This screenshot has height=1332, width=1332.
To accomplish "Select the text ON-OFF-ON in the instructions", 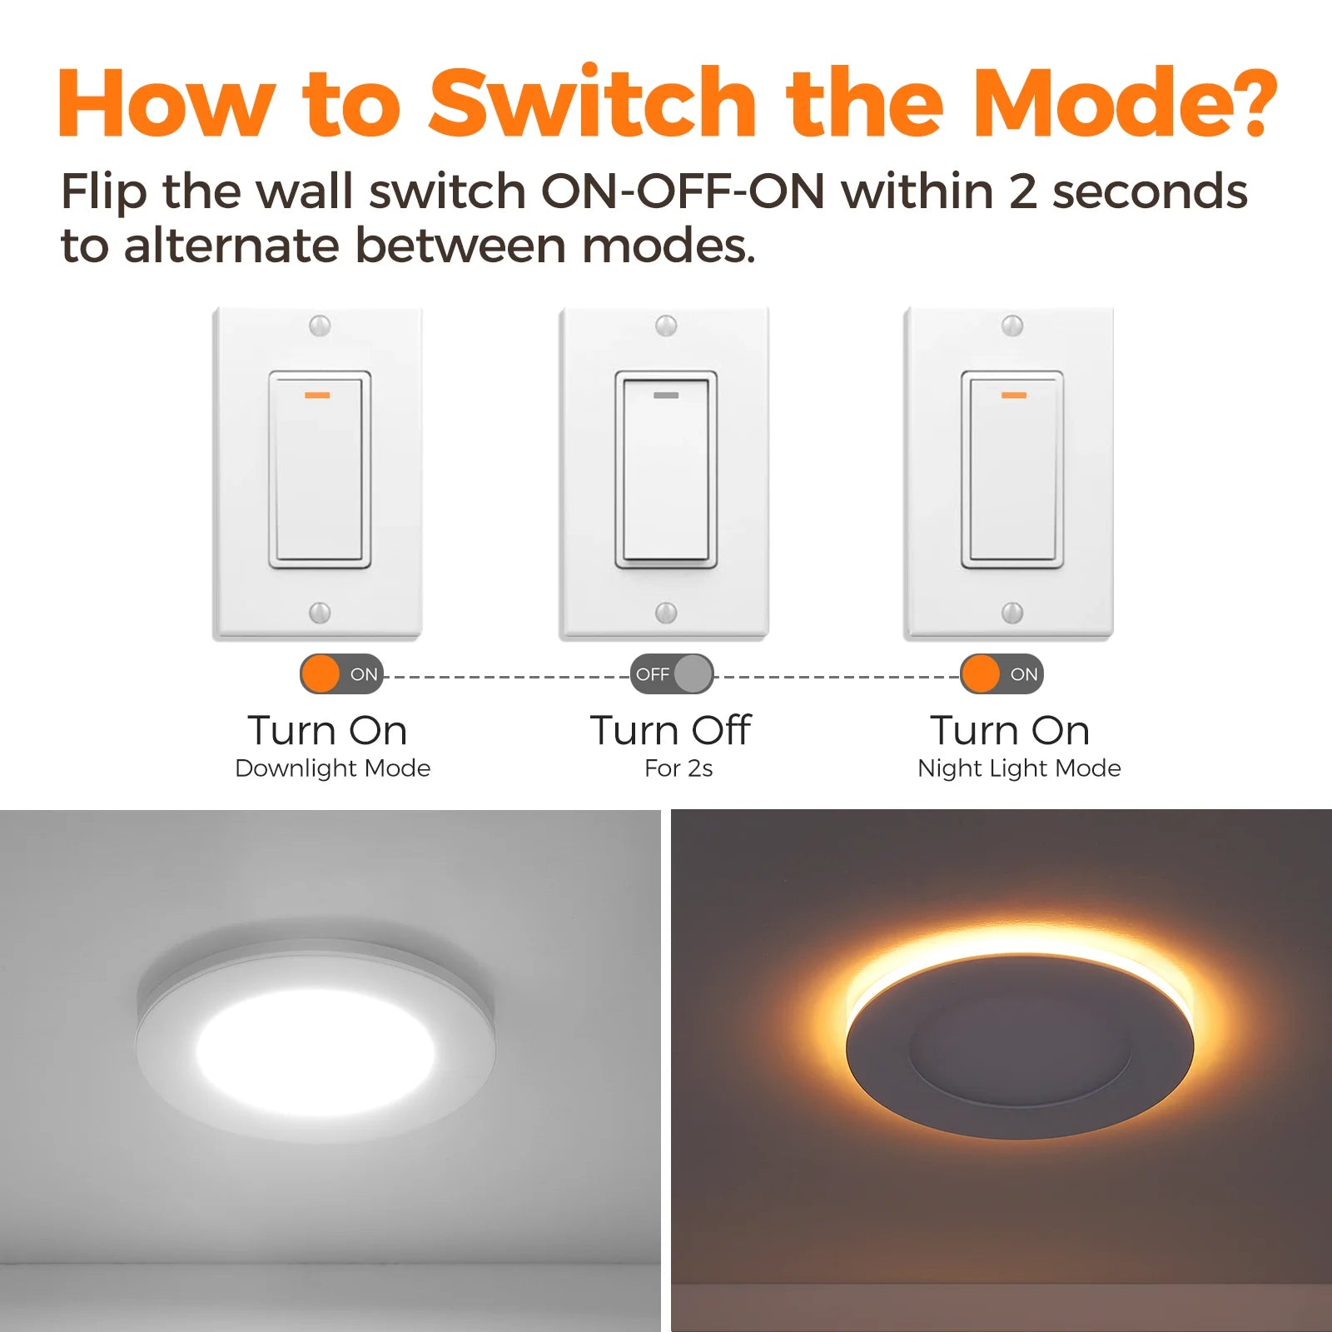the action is [x=683, y=191].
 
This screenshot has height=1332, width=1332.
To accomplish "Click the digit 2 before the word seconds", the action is [x=1023, y=191].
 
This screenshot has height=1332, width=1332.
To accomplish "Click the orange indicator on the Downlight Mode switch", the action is [x=317, y=395].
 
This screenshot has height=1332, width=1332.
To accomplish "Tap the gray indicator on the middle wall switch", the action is [x=666, y=395].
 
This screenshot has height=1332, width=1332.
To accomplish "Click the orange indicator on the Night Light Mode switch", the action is [x=1013, y=395].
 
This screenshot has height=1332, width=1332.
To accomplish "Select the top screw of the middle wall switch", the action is [x=666, y=326].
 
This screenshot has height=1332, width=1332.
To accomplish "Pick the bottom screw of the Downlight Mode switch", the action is [x=320, y=613].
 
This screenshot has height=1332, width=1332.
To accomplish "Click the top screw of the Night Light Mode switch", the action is [x=1012, y=326].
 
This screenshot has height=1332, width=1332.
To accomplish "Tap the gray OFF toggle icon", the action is [x=672, y=674].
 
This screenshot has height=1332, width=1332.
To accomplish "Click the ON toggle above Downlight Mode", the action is [x=341, y=674].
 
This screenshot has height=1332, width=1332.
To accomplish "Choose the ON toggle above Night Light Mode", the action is [x=1001, y=674].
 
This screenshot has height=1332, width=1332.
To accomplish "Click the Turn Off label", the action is [x=671, y=730].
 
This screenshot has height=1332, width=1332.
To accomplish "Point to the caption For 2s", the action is [x=678, y=768].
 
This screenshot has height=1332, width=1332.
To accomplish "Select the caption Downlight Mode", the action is [x=333, y=768].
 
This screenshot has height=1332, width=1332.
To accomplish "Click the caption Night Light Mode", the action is [x=1019, y=768].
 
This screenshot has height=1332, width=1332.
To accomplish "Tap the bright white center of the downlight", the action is [x=316, y=1054].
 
